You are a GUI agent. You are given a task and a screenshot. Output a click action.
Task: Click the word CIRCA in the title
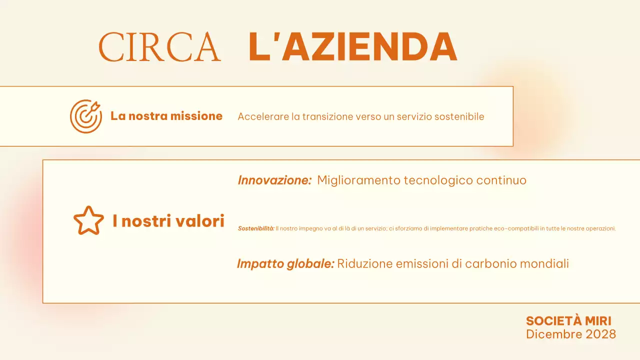159,47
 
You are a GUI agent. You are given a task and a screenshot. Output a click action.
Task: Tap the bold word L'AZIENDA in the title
352,47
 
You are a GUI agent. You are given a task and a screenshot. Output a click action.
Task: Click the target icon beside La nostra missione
85,116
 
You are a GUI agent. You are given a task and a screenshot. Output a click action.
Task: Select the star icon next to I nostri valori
88,220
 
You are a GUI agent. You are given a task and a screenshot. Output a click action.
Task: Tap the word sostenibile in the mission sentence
459,116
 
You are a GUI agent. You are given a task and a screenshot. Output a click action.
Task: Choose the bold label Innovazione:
274,180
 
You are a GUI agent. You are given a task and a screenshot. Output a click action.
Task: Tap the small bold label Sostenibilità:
256,228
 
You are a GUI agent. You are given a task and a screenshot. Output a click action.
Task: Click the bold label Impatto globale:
285,263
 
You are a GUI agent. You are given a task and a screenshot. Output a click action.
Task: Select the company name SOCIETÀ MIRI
568,321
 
